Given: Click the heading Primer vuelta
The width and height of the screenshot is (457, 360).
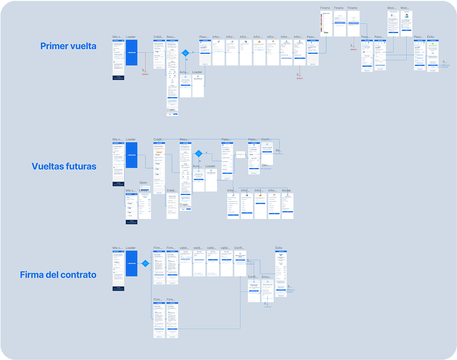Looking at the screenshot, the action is point(68,46).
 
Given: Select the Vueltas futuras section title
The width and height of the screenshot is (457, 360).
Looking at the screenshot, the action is point(64,166).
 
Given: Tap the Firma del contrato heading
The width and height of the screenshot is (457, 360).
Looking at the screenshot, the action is point(58,275).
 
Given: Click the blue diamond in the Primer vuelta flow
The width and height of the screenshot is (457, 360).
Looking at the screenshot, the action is point(186,53).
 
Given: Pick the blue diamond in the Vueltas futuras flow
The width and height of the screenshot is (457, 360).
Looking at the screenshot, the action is point(199,153).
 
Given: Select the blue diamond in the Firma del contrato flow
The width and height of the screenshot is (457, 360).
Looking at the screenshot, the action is point(145,263).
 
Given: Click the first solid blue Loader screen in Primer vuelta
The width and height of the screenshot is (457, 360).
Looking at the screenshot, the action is point(131,52).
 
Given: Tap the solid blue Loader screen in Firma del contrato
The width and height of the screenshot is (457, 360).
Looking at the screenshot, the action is point(131,263).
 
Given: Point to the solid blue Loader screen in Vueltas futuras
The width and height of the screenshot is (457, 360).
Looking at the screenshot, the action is point(131,154).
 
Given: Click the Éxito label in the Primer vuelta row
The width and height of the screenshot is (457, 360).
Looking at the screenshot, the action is point(431,37).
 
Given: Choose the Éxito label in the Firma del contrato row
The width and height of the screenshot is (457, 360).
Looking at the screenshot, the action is point(279,248).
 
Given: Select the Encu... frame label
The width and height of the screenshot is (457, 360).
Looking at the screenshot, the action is point(266,277).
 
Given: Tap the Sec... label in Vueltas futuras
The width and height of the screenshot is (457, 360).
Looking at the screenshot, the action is point(265,166).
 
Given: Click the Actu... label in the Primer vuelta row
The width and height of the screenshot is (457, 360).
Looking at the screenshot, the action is point(185,72).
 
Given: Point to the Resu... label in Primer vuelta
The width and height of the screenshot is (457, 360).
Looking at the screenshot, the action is point(172,37).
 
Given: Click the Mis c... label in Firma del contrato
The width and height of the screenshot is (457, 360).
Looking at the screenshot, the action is point(118,248).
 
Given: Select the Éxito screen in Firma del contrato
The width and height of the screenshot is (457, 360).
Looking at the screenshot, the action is point(280,273).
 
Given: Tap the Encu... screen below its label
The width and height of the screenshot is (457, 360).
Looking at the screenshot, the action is point(267,291).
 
